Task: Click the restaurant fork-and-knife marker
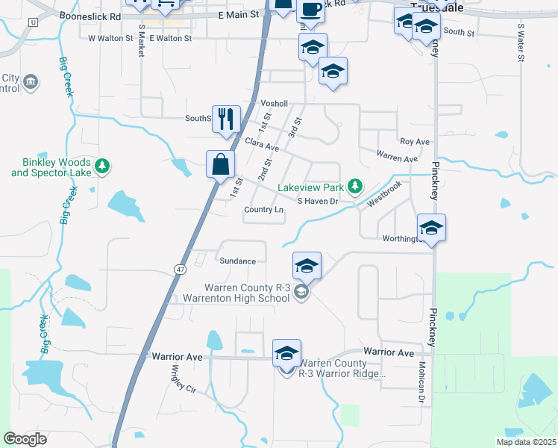point(225,119)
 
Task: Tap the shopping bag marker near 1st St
point(221,164)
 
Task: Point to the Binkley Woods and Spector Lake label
point(51,167)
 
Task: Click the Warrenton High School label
point(237,299)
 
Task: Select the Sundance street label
point(238,261)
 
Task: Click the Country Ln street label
point(264,210)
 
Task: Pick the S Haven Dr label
point(318,201)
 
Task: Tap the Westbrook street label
point(384,192)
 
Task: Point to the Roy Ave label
point(415,141)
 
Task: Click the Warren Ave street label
point(397,158)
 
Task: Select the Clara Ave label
point(261,144)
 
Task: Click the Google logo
point(25,439)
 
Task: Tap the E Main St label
point(238,14)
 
